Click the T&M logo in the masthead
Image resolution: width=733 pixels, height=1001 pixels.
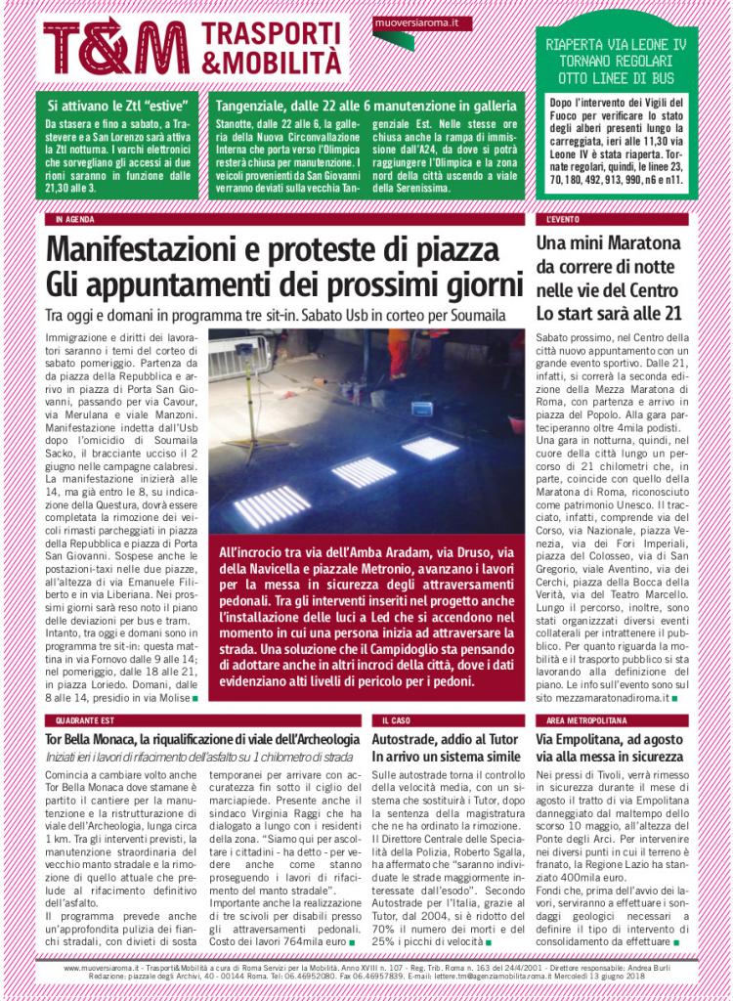point(115,48)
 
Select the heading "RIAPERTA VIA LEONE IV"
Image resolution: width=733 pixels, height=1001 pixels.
point(616,44)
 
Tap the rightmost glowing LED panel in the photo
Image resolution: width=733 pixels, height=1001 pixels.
point(429,447)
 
